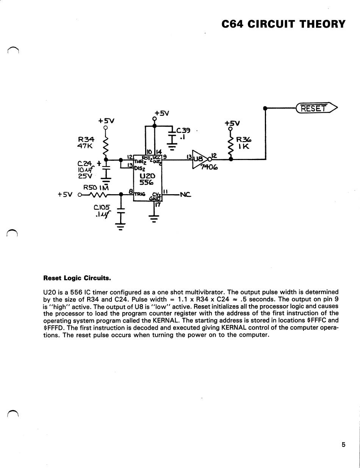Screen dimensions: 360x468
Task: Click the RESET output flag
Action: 316,108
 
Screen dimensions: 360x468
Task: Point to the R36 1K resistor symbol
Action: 231,146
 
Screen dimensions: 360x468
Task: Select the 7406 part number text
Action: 209,167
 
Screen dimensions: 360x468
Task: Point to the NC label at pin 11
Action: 185,195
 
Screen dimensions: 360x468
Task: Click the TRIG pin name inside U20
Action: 140,194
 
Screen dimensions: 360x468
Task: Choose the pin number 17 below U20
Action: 158,204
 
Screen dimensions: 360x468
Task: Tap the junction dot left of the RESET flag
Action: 265,108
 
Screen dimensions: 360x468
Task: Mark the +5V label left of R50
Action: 65,195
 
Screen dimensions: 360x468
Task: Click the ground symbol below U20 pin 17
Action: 154,218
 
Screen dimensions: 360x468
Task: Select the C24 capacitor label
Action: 85,163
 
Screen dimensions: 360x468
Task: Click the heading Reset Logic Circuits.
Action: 77,278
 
